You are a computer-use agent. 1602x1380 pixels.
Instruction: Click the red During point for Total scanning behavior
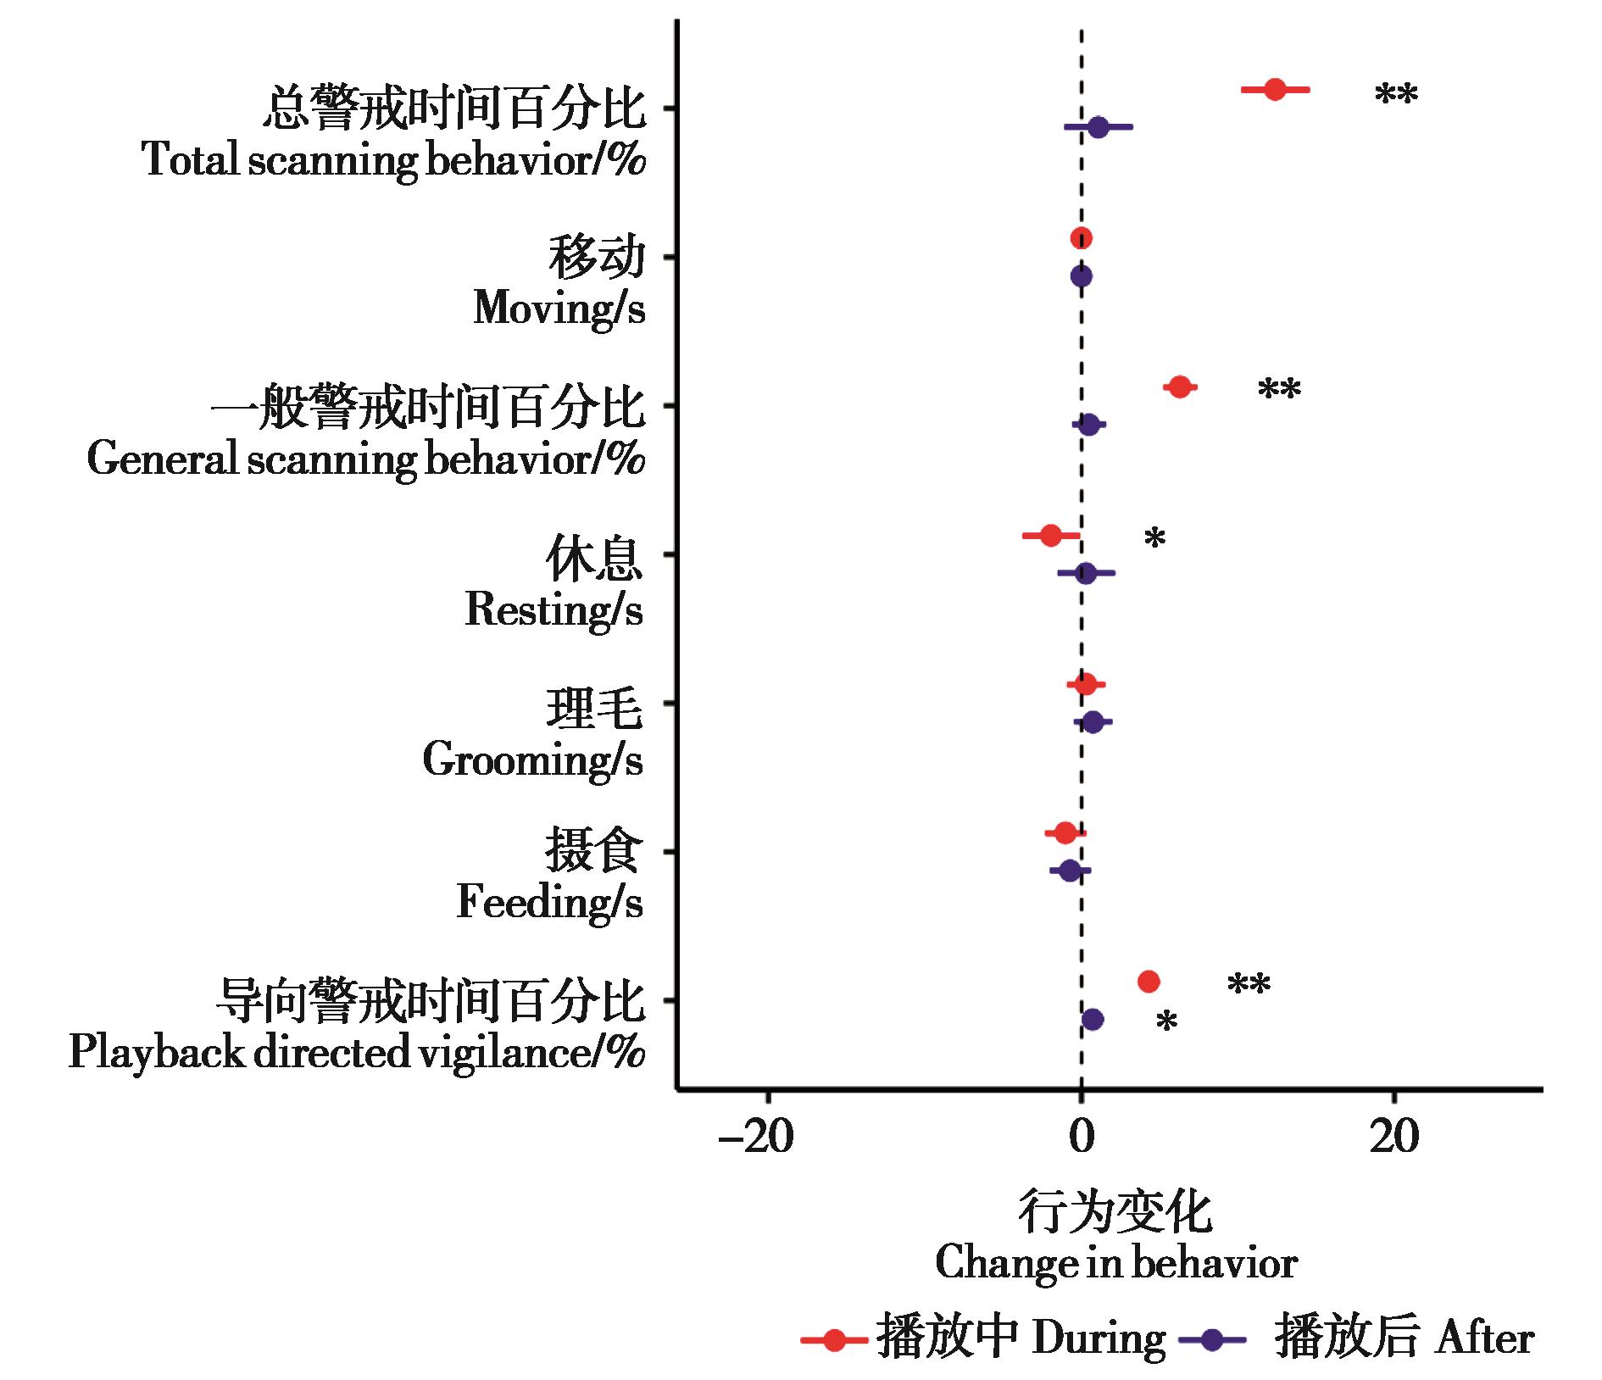[1275, 89]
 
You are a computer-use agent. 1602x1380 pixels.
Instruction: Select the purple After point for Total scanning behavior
[1098, 127]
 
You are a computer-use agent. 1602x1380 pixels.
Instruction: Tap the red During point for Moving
[1081, 238]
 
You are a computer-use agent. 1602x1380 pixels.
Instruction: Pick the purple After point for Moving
[1081, 276]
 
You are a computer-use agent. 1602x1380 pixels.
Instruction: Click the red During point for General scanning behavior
[1179, 387]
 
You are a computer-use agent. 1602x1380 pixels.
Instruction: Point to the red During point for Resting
[1051, 536]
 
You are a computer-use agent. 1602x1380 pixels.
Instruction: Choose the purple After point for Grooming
[1093, 722]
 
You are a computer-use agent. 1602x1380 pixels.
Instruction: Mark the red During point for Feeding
[1065, 833]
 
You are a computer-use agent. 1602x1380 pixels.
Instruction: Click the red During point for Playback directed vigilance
[1149, 982]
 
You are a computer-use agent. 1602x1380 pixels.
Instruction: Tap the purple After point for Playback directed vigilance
[1093, 1019]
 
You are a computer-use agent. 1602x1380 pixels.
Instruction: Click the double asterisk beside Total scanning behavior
[1395, 95]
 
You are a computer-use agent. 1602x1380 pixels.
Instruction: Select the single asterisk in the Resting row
[1154, 539]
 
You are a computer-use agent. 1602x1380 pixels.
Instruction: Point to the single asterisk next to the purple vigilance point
[1166, 1023]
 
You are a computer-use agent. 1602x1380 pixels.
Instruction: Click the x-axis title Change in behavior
[1116, 1263]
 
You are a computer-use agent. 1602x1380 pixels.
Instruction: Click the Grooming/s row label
[532, 760]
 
